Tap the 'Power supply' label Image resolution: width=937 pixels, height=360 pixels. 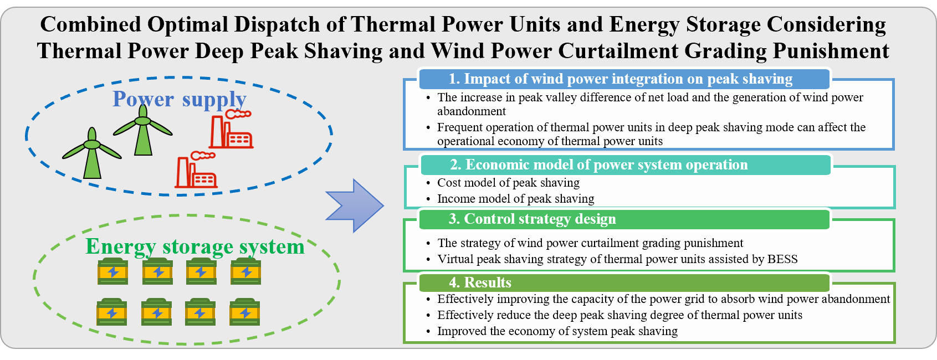pyautogui.click(x=179, y=99)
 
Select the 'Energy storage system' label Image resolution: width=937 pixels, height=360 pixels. pyautogui.click(x=194, y=246)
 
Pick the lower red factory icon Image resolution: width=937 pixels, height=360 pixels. pyautogui.click(x=196, y=171)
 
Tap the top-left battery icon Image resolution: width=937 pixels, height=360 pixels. pyautogui.click(x=112, y=271)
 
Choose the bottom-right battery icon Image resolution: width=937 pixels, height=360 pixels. pyautogui.click(x=244, y=312)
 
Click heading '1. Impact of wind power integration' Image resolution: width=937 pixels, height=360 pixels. pyautogui.click(x=620, y=79)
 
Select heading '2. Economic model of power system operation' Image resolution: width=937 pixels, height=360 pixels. pyautogui.click(x=598, y=165)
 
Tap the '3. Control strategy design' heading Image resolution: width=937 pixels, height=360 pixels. pyautogui.click(x=532, y=219)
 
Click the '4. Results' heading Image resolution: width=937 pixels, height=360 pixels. pyautogui.click(x=480, y=282)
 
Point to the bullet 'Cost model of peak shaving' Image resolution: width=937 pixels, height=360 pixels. pyautogui.click(x=508, y=183)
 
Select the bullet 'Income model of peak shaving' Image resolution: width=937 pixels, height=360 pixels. pyautogui.click(x=515, y=199)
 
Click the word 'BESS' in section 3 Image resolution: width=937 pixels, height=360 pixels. pyautogui.click(x=782, y=259)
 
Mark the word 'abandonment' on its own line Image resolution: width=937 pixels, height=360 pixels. pyautogui.click(x=472, y=111)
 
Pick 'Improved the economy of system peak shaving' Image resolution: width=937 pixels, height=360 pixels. pyautogui.click(x=557, y=331)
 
